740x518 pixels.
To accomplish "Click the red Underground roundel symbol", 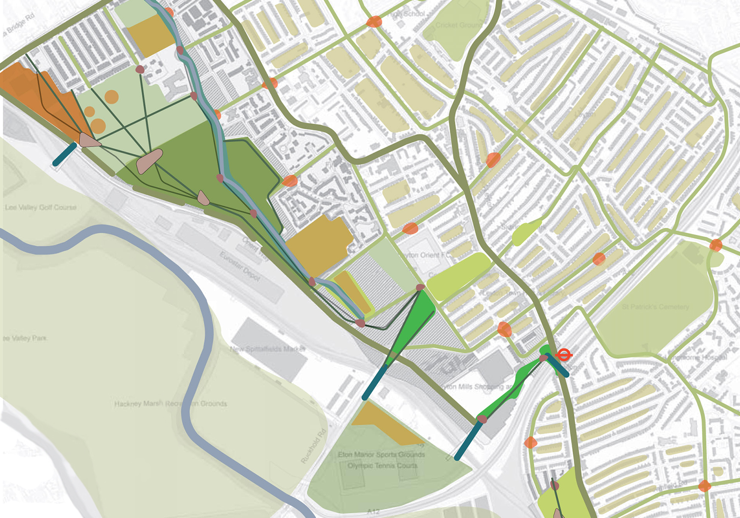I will [x=563, y=354].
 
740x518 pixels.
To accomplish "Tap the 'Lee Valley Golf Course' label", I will [x=41, y=207].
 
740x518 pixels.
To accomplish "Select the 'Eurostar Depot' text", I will [x=240, y=266].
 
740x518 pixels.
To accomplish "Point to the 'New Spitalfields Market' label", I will [x=268, y=349].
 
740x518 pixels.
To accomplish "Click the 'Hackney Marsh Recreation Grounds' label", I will [x=171, y=404].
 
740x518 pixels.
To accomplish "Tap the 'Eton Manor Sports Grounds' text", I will [x=381, y=454].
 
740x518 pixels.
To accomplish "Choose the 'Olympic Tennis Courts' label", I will [x=382, y=465].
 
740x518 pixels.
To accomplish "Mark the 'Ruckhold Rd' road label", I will [x=314, y=447].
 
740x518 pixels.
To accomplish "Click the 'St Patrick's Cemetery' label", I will [x=655, y=307].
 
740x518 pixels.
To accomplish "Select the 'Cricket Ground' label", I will [x=458, y=25].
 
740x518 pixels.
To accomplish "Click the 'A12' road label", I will [x=373, y=512].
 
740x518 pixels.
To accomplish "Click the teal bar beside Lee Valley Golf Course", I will [x=65, y=154].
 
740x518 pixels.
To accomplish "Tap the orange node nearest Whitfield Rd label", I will [x=704, y=486].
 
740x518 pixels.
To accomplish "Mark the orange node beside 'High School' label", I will [x=374, y=22].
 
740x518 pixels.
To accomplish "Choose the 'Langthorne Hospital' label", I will [x=700, y=357].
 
